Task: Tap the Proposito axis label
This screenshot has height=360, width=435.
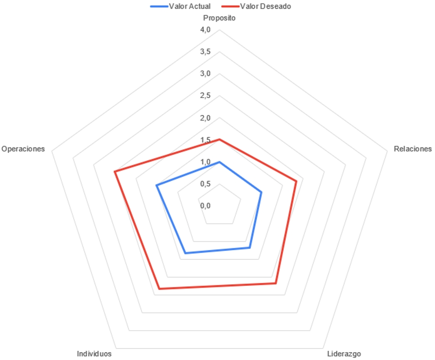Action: point(219,18)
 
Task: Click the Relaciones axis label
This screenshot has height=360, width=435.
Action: point(413,149)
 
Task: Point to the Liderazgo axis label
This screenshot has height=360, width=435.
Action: point(344,354)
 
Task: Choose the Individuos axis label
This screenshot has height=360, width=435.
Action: point(94,354)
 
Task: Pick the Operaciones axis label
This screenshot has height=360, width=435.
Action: point(23,149)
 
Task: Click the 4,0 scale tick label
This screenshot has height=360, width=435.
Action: point(205,30)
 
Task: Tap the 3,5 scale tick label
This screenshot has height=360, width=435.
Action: point(205,52)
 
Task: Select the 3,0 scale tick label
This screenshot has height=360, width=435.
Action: point(205,74)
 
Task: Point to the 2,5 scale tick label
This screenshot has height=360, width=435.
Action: point(205,96)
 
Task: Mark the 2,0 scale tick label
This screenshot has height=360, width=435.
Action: point(205,118)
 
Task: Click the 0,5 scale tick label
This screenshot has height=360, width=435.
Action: point(205,184)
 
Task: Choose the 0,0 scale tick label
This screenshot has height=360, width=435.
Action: point(205,206)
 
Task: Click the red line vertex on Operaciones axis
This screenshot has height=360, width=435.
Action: point(114,172)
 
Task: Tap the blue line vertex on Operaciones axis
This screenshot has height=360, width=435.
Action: point(157,185)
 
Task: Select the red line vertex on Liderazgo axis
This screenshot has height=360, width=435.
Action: point(276,283)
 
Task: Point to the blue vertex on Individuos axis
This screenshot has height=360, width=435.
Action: point(185,253)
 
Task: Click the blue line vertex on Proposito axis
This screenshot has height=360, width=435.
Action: point(219,162)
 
